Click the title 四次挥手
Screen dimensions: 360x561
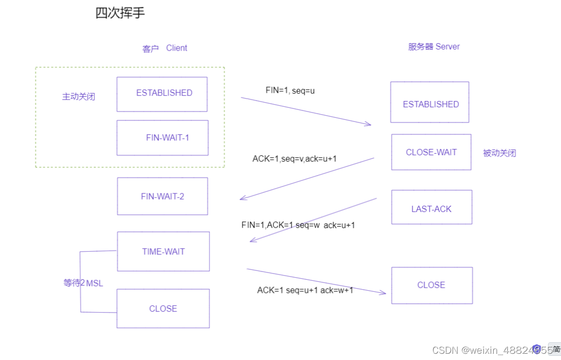(x=120, y=13)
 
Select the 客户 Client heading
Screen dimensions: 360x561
(x=164, y=48)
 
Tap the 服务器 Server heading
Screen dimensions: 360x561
(x=434, y=46)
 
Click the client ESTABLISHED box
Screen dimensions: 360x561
(x=162, y=94)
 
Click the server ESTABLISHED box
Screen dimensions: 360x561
(x=430, y=102)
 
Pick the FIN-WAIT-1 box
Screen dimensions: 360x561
(x=162, y=138)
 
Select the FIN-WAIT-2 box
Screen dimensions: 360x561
(x=162, y=196)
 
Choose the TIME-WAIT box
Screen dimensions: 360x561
(x=163, y=251)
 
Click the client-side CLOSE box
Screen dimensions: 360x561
(x=163, y=308)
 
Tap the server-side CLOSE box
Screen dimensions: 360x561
(x=432, y=285)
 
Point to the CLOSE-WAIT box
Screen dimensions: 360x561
(x=431, y=152)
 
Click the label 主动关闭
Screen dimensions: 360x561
(x=79, y=96)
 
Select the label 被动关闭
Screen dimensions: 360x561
(x=499, y=153)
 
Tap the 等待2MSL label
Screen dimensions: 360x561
(x=83, y=283)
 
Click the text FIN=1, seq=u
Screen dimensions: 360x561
(x=290, y=90)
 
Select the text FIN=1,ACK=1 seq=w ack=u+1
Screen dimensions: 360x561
(x=298, y=225)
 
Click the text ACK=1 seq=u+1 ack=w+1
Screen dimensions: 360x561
(x=305, y=290)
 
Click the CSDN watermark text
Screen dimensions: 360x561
(x=490, y=350)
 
